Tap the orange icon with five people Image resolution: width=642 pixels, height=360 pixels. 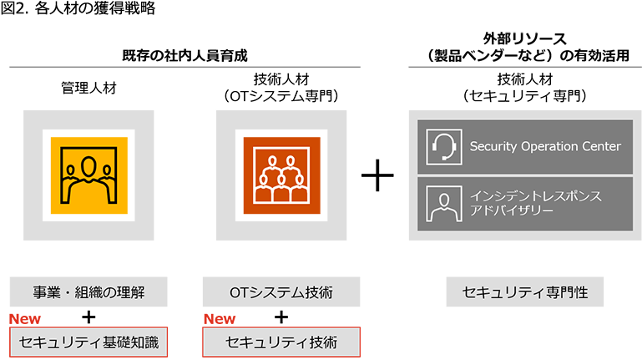click(x=281, y=175)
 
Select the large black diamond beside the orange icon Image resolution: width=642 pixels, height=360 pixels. click(x=383, y=176)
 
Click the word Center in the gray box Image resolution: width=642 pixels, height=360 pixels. click(x=601, y=147)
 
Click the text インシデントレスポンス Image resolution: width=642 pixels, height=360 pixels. click(x=535, y=196)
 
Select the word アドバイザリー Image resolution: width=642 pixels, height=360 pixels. click(x=511, y=211)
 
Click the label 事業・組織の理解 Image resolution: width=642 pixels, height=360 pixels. click(x=88, y=292)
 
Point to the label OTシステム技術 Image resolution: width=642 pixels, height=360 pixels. click(x=281, y=292)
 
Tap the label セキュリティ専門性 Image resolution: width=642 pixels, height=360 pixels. click(x=525, y=292)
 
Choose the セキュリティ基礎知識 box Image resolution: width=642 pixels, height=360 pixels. click(x=88, y=341)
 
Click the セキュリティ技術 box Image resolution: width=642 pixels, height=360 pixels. click(x=281, y=341)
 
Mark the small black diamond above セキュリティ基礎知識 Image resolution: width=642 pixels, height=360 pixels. click(x=89, y=316)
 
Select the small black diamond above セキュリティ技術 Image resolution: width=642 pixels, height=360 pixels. click(x=281, y=316)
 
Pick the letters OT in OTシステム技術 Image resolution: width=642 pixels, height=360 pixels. click(x=238, y=292)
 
